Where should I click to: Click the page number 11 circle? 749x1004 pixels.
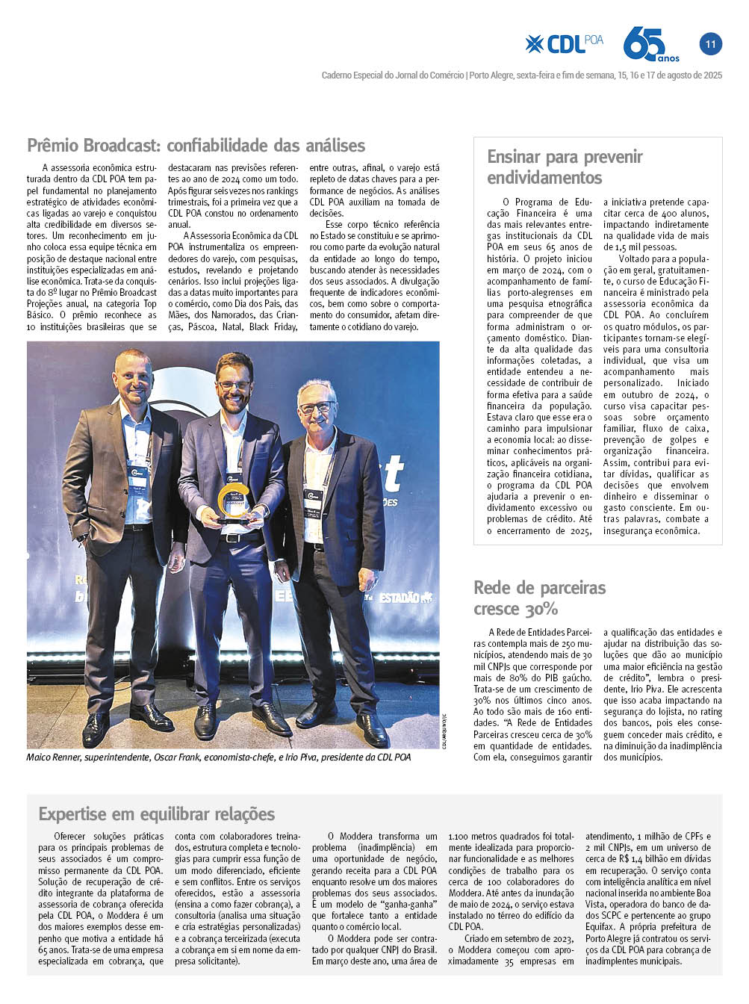pos(710,44)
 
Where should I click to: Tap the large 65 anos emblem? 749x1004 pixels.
pos(650,44)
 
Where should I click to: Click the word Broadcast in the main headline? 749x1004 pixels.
pos(122,145)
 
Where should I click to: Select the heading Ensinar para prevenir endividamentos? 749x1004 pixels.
pos(565,167)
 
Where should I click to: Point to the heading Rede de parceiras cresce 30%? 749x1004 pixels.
pos(539,598)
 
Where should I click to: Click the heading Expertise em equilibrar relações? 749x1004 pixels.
pos(157,814)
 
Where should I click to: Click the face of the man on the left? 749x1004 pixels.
pos(133,378)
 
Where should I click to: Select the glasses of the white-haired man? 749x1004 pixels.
pos(317,408)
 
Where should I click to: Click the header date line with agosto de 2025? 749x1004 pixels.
pos(520,75)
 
